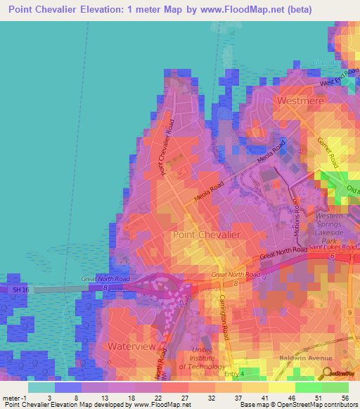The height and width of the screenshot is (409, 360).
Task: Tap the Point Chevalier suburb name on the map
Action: pyautogui.click(x=207, y=234)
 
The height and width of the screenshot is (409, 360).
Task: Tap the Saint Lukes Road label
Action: pyautogui.click(x=334, y=248)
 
